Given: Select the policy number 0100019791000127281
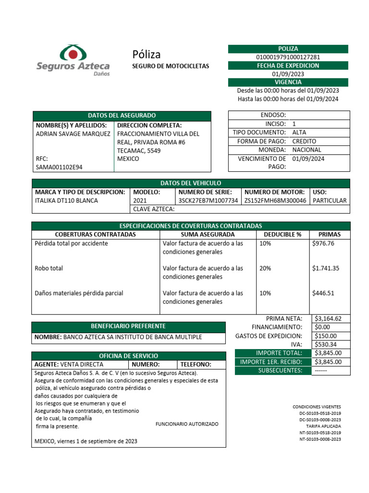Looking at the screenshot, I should tap(288, 57).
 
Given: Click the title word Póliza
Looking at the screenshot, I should tap(146, 54).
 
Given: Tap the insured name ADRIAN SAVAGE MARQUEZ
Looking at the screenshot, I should tap(73, 134).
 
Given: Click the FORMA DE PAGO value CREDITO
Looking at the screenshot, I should tap(304, 141).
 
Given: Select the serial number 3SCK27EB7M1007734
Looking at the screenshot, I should tap(208, 200).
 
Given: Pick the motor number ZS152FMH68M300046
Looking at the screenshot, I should tap(275, 200).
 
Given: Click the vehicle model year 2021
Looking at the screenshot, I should tap(140, 200).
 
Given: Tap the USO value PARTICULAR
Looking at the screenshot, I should tap(330, 200).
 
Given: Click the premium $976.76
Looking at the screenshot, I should tap(323, 244).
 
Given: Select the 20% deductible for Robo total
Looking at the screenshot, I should tap(265, 268).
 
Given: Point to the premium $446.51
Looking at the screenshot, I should tap(323, 293).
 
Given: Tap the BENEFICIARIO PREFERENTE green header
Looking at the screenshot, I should tap(128, 326).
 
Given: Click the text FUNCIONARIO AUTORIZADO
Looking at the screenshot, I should tap(187, 424).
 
